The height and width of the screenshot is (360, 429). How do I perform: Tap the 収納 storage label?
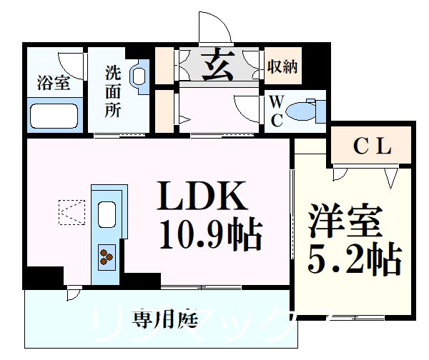pyautogui.click(x=283, y=67)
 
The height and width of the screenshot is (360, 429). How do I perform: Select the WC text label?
pyautogui.click(x=277, y=110)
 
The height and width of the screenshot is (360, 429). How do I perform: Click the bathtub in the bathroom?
pyautogui.click(x=53, y=114)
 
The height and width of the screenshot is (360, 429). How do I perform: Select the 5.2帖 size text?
pyautogui.click(x=353, y=261)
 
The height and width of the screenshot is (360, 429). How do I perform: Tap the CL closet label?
pyautogui.click(x=372, y=147)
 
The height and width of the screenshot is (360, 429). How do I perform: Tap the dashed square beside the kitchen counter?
pyautogui.click(x=71, y=211)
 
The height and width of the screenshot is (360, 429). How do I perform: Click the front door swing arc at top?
pyautogui.click(x=217, y=29)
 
